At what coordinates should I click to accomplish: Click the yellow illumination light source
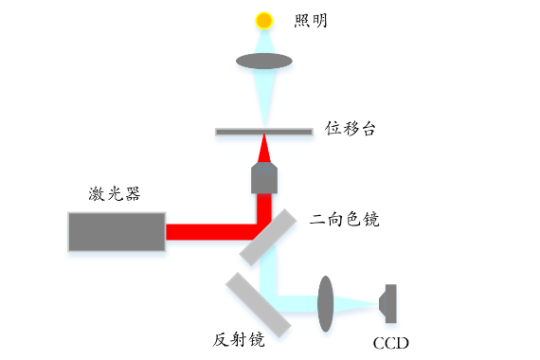(264, 21)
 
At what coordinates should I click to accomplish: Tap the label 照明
(311, 21)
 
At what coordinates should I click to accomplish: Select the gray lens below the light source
(264, 61)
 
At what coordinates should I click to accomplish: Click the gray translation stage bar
(264, 132)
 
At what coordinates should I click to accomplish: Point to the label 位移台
(350, 128)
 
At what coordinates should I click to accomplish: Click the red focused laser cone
(264, 151)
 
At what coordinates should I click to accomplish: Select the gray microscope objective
(264, 178)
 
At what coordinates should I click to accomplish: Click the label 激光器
(115, 193)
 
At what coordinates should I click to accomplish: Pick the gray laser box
(117, 231)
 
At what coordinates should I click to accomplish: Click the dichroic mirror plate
(268, 238)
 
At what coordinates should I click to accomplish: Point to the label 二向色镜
(345, 219)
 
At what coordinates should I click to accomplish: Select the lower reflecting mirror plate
(259, 304)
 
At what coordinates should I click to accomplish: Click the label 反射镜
(239, 340)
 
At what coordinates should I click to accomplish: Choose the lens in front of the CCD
(326, 303)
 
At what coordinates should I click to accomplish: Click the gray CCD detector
(387, 303)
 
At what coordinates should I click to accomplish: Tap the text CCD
(391, 343)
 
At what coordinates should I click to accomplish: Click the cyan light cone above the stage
(264, 97)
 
